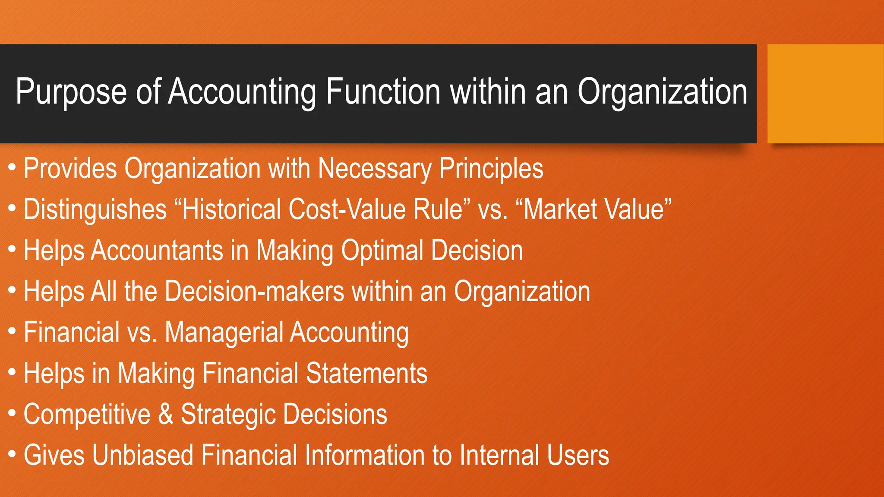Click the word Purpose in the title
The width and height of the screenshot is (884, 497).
(71, 92)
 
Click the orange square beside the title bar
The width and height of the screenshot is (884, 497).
(825, 94)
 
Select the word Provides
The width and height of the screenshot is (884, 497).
(70, 168)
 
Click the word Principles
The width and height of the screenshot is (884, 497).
(491, 169)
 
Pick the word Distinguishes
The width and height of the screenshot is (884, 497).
(95, 210)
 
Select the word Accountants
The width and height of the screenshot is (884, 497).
(157, 251)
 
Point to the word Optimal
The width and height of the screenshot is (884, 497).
(382, 251)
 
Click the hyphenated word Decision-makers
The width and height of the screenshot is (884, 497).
(254, 291)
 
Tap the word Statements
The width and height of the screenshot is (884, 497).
(366, 373)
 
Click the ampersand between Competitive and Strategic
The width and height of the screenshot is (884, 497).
(165, 414)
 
